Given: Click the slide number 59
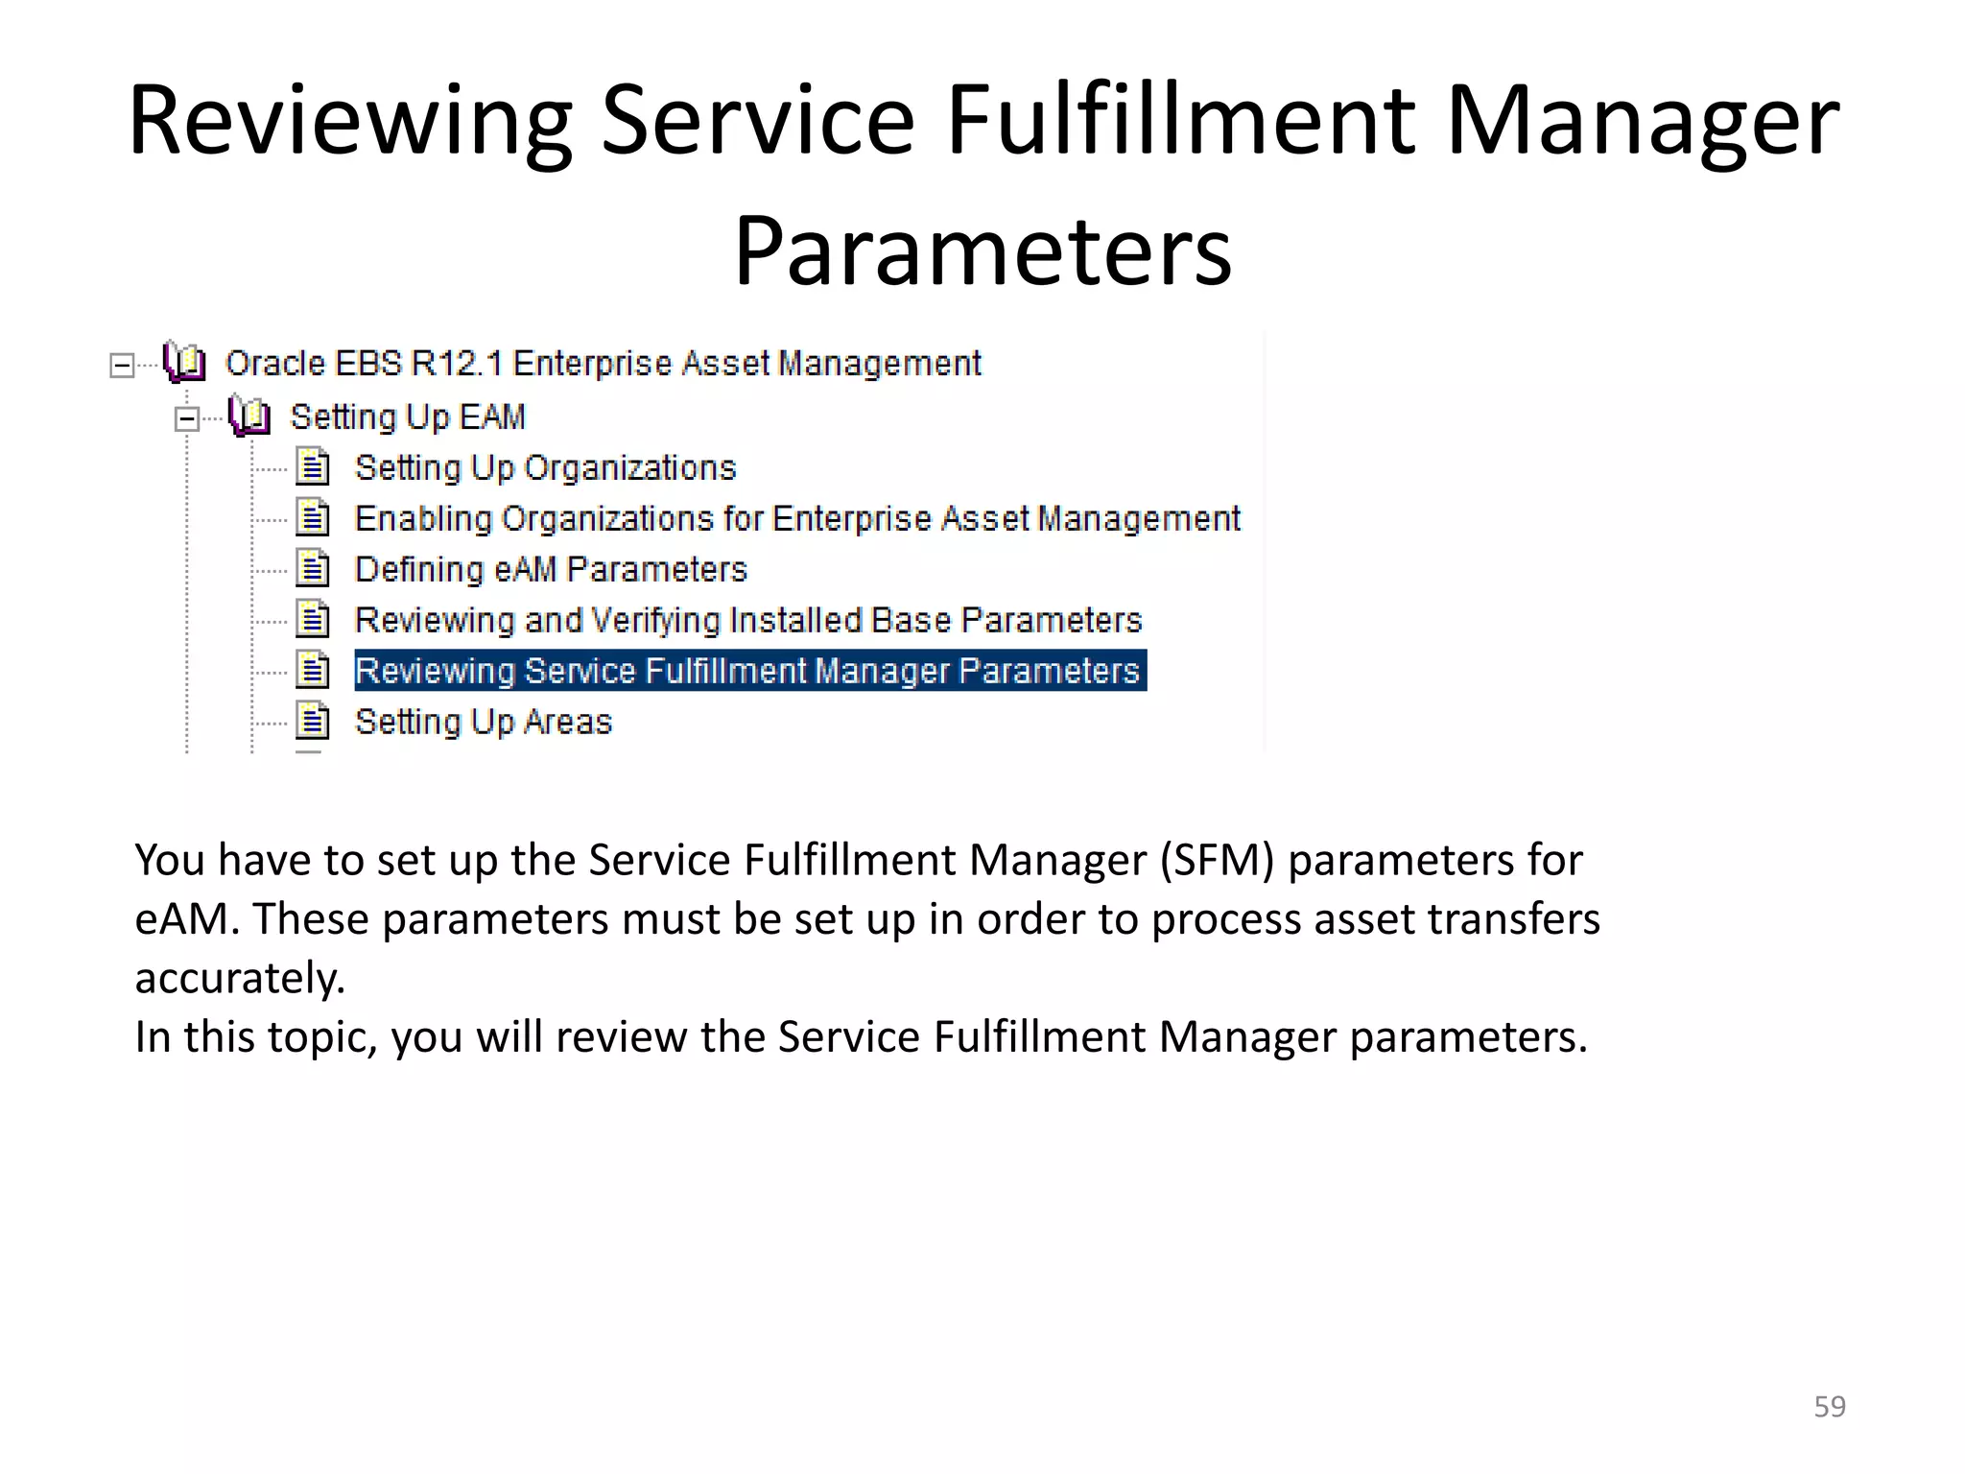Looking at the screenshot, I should (1829, 1406).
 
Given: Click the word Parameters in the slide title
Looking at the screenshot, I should (982, 251).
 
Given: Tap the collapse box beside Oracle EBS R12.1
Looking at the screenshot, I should (122, 366).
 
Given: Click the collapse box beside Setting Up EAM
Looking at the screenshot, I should (187, 418).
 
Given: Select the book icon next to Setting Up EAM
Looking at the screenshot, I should (249, 416).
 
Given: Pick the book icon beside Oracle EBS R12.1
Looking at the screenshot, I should (184, 363).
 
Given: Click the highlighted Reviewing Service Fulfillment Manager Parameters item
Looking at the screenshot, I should (749, 671).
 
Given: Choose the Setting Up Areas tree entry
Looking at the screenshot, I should (483, 722).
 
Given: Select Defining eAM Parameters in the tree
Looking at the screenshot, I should (550, 569).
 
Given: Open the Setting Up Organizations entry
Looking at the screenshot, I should (545, 467).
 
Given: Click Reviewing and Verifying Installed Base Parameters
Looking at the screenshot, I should (748, 620).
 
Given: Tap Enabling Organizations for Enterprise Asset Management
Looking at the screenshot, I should (796, 518).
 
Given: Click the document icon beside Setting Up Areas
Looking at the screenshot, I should (313, 721).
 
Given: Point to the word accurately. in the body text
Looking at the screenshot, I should (240, 978).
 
